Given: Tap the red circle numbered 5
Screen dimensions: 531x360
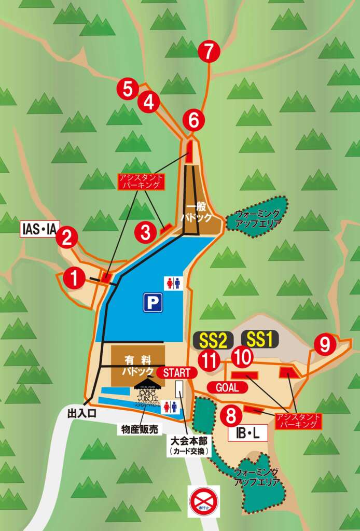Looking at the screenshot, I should (128, 89).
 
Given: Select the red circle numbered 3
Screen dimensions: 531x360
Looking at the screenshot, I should (146, 232).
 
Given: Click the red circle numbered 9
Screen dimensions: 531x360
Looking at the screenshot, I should (325, 344).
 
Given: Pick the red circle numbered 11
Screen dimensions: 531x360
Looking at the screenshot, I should (210, 360).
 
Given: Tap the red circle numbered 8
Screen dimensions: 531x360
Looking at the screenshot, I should (231, 415).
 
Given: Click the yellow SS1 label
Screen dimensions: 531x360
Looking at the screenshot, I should (259, 340).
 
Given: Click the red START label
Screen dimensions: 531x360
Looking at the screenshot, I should (180, 372).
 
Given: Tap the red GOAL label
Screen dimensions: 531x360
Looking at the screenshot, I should (227, 387).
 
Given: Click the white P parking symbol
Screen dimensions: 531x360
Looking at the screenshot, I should (153, 302).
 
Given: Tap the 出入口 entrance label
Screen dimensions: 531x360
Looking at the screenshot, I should (82, 413).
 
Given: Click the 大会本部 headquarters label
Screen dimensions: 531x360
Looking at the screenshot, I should (189, 445).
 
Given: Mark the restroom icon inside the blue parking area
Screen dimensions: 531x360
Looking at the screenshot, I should (173, 283).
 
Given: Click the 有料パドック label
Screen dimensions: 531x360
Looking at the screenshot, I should (138, 365).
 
